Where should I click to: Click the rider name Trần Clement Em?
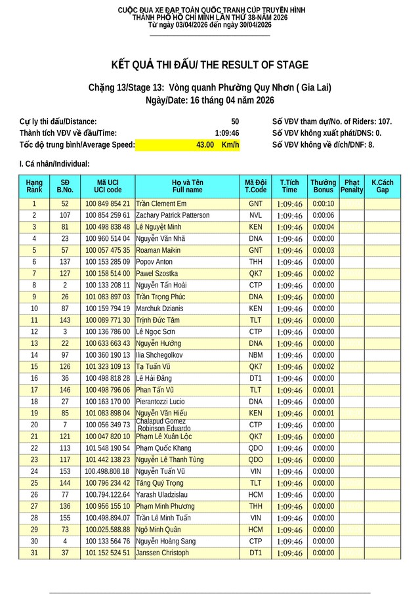tap(161, 203)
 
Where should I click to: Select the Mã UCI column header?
tap(108, 186)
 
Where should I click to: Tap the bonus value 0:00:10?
tap(323, 203)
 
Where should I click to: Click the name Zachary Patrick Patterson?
tap(173, 215)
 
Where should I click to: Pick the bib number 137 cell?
tap(65, 262)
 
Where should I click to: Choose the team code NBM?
tap(255, 355)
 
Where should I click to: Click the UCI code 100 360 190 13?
tap(108, 355)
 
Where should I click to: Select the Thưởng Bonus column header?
tap(323, 186)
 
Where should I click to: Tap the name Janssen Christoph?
tap(162, 553)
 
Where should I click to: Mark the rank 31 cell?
tap(34, 553)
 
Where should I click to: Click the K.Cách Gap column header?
tap(382, 186)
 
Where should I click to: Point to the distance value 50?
tap(235, 121)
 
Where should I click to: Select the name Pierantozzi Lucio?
tap(160, 402)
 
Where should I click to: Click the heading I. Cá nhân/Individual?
tap(54, 164)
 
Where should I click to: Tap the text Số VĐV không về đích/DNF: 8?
tap(323, 144)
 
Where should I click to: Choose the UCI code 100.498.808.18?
tap(108, 471)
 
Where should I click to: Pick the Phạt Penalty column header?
tap(352, 186)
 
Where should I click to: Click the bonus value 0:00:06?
tap(323, 215)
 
